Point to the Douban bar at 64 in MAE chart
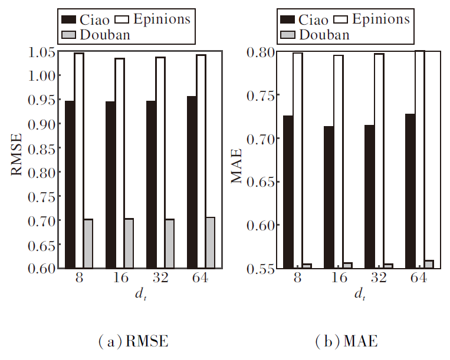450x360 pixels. [x=429, y=264]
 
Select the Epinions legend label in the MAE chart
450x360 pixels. [x=380, y=19]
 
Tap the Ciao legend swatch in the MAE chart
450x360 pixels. [x=289, y=19]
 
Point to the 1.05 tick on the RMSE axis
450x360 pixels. [x=58, y=52]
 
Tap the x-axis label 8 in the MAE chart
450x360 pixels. [x=297, y=279]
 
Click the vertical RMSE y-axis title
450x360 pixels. [x=17, y=160]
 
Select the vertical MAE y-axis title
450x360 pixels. [x=237, y=160]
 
